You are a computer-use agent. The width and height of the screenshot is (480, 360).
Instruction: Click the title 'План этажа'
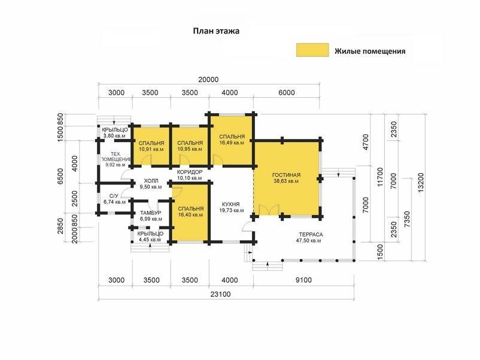pos(216,31)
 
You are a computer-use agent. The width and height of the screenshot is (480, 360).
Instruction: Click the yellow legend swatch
pos(312,50)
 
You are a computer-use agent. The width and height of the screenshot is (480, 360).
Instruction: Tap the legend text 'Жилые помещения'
pos(370,51)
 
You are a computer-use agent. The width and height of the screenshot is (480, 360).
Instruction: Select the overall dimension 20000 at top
pos(208,80)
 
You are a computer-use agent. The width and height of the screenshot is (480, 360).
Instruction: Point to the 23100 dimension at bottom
pos(220,295)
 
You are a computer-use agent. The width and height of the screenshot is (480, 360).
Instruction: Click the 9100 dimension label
pos(303,280)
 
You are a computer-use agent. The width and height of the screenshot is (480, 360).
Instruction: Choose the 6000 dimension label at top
pos(287,92)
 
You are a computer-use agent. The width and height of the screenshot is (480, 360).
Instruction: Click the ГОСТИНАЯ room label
pos(286,175)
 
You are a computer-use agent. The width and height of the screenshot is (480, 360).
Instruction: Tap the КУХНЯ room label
pos(231,204)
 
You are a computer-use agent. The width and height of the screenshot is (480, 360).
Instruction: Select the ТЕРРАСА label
pos(311,234)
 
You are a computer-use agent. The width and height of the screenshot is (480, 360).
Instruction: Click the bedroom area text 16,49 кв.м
pos(232,143)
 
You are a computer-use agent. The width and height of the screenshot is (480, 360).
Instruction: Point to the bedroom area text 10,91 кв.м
pos(151,149)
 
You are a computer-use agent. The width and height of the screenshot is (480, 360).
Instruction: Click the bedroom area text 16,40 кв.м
pos(190,215)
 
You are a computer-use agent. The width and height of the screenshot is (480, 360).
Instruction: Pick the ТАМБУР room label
pos(151,213)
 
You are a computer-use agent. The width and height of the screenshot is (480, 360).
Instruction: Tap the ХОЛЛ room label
pos(151,181)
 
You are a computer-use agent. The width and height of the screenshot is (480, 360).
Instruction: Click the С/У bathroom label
pos(114,196)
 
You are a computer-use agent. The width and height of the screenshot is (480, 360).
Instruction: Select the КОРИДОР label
pos(190,172)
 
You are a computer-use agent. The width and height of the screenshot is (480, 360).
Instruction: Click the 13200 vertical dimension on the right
pos(421,183)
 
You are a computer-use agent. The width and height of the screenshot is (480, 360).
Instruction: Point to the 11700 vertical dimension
pos(380,177)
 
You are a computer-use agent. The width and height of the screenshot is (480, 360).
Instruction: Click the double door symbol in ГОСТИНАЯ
pos(269,210)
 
